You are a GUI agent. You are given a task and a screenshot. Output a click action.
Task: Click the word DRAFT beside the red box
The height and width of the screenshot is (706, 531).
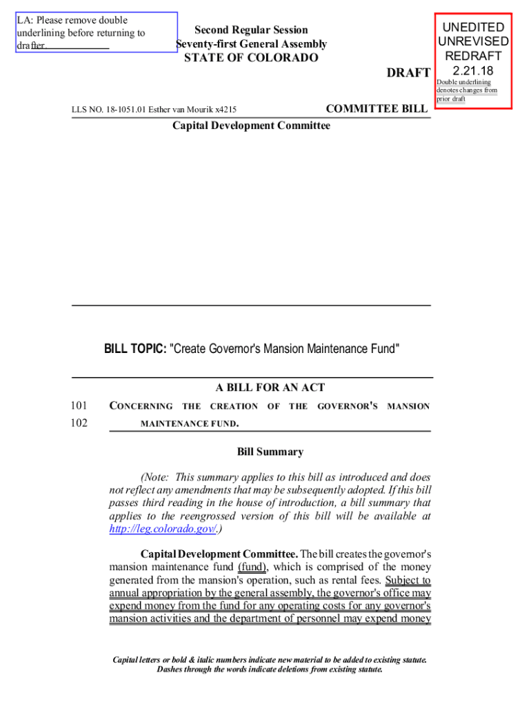pyautogui.click(x=409, y=73)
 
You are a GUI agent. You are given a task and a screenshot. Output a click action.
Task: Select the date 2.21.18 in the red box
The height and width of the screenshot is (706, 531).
pyautogui.click(x=473, y=70)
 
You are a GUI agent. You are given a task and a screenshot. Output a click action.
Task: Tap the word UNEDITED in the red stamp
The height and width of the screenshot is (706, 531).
pyautogui.click(x=473, y=28)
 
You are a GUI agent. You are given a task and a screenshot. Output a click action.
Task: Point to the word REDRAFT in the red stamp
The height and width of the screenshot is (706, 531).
pyautogui.click(x=473, y=56)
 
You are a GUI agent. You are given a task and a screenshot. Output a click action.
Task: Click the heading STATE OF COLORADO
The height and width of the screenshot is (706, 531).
pyautogui.click(x=251, y=58)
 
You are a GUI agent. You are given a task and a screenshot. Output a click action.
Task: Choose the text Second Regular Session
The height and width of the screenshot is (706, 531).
pyautogui.click(x=251, y=30)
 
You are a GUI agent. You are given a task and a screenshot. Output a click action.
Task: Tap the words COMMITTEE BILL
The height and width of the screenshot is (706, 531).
pyautogui.click(x=377, y=108)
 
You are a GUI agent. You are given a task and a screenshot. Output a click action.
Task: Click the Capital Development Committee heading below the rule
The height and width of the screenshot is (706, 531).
pyautogui.click(x=251, y=125)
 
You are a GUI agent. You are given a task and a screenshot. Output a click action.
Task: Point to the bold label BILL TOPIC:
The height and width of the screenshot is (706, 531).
pyautogui.click(x=135, y=349)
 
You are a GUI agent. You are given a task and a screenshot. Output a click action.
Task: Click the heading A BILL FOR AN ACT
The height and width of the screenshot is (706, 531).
pyautogui.click(x=270, y=387)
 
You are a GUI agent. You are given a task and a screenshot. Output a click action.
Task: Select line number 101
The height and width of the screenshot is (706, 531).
pyautogui.click(x=79, y=406)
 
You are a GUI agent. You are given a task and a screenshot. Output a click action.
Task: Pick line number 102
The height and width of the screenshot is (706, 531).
pyautogui.click(x=79, y=423)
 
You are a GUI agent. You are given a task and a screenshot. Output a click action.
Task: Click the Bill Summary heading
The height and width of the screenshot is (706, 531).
pyautogui.click(x=270, y=452)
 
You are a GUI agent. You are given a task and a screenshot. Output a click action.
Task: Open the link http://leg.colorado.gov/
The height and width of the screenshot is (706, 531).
pyautogui.click(x=163, y=529)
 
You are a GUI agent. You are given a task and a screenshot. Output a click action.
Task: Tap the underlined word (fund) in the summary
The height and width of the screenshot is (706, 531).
pyautogui.click(x=252, y=567)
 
